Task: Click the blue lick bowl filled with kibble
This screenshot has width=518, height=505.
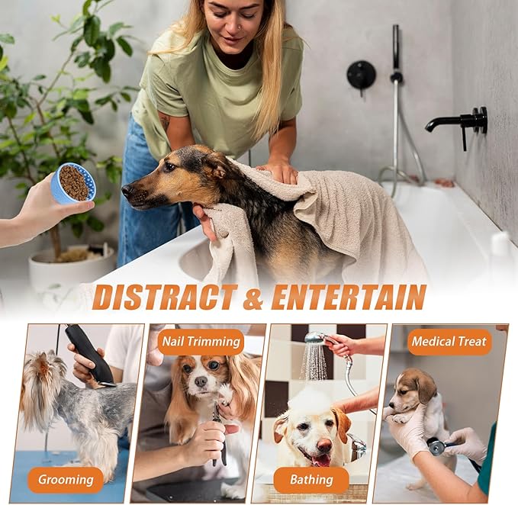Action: tap(73, 183)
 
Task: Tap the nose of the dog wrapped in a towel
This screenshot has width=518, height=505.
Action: tap(127, 190)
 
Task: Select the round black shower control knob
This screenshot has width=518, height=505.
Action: tap(361, 75)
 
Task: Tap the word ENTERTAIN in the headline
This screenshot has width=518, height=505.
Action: tap(348, 297)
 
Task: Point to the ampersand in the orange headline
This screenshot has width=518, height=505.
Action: tap(253, 298)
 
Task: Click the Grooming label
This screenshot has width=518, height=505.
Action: tap(66, 480)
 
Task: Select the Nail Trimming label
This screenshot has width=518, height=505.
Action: tap(201, 342)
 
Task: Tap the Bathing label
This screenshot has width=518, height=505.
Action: tap(311, 480)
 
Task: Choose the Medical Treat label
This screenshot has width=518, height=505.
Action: tap(449, 342)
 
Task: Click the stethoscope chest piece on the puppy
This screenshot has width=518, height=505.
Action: tap(435, 446)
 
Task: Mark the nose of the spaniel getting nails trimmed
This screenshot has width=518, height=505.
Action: tap(201, 381)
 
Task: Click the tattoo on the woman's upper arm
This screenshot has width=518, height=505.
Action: tap(164, 121)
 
